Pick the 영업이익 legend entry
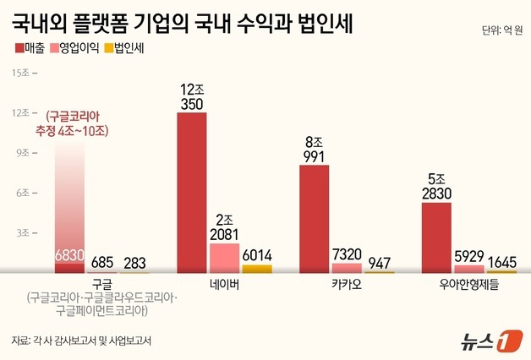pos(84,48)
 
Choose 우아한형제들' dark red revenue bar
pos(436,237)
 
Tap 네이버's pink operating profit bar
pos(224,257)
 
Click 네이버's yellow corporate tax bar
pos(257,268)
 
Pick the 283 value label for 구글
pos(134,262)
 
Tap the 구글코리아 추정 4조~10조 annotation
pos(82,123)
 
